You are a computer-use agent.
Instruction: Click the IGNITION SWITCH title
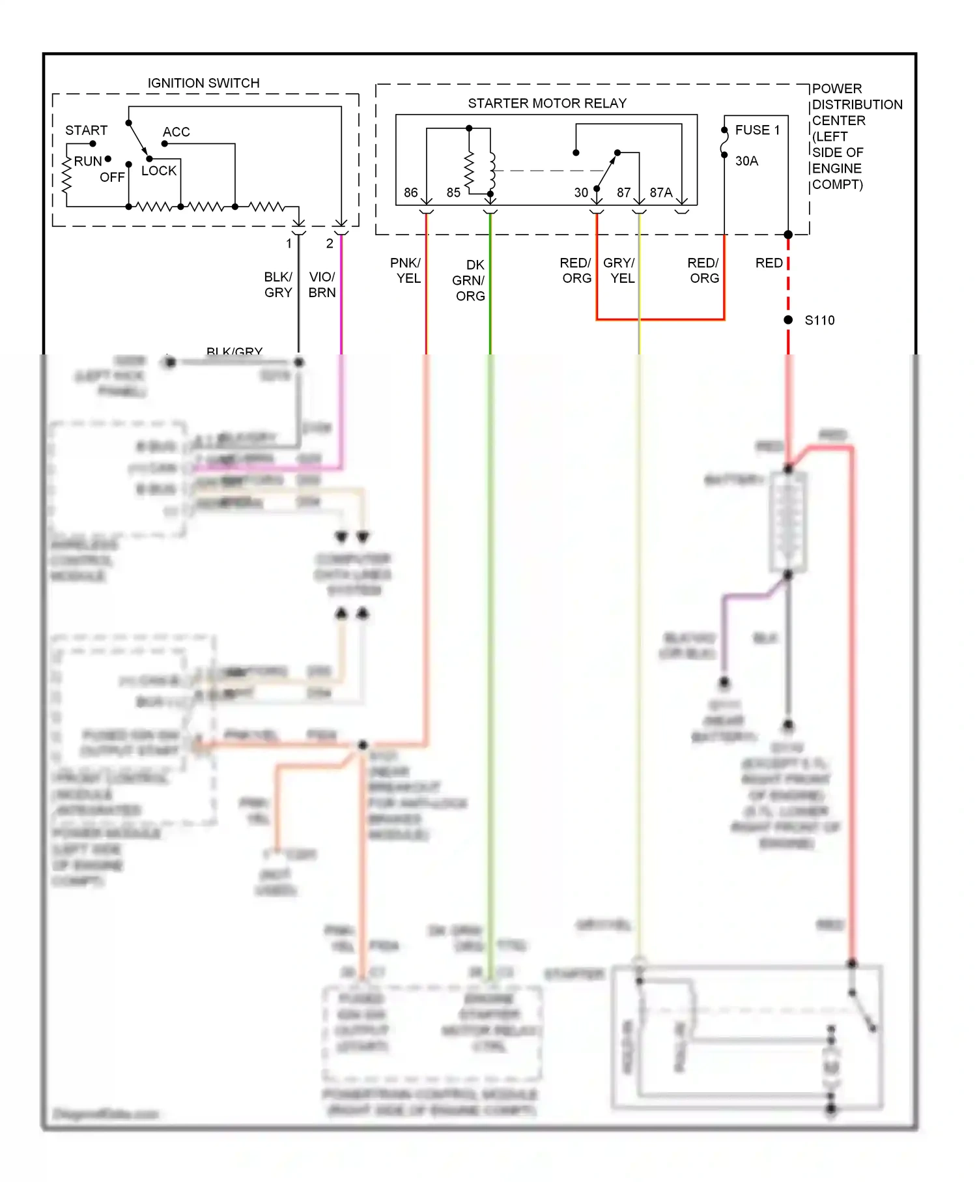(x=203, y=83)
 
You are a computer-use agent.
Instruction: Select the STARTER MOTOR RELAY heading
(x=547, y=104)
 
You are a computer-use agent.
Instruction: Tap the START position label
(x=86, y=130)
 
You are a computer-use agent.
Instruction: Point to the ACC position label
(x=176, y=132)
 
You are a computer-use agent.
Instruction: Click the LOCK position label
(x=159, y=171)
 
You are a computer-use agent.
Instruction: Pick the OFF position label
(x=112, y=177)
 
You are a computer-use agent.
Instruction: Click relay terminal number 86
(x=410, y=193)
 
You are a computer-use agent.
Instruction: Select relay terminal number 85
(x=453, y=193)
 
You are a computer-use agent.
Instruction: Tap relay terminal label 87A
(x=660, y=193)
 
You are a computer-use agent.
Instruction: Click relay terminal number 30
(x=581, y=193)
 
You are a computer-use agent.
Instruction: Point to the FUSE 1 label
(x=757, y=130)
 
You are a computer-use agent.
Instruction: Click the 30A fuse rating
(x=746, y=161)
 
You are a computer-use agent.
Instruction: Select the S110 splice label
(x=819, y=321)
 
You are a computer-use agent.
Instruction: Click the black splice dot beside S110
(x=788, y=320)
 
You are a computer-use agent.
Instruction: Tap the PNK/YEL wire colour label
(x=406, y=270)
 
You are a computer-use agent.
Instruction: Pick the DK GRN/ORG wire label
(x=470, y=280)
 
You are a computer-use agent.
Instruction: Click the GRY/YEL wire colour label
(x=619, y=270)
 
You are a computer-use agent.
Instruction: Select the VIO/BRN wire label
(x=322, y=285)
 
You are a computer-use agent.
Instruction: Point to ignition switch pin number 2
(x=330, y=244)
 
